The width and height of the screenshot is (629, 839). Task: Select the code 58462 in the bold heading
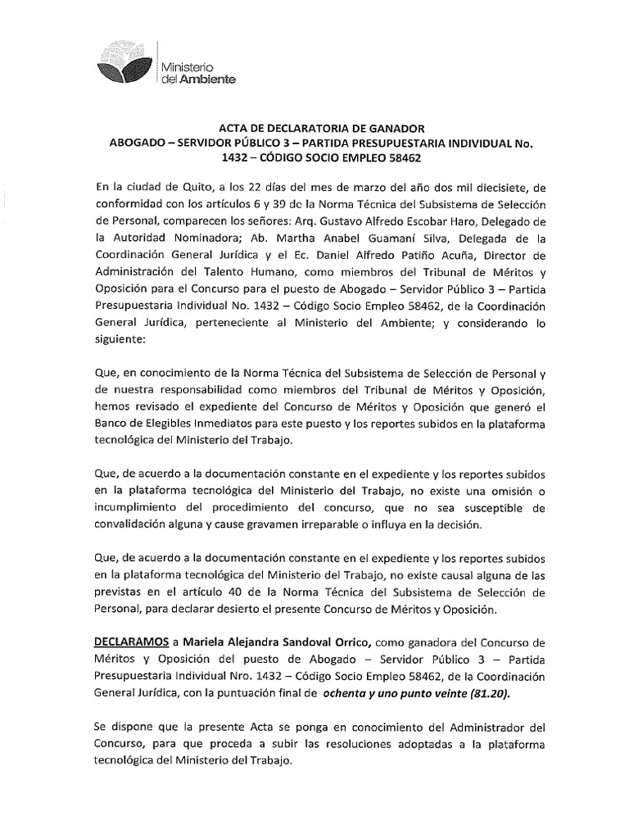[398, 158]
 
